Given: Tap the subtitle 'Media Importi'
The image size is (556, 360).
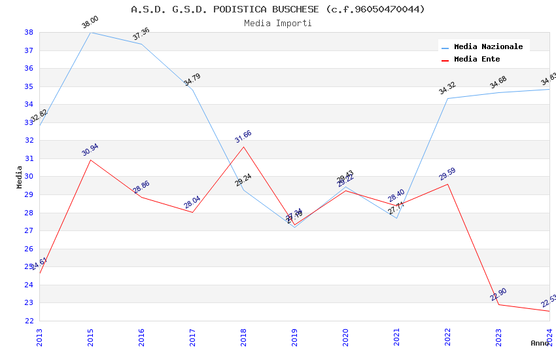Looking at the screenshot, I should pyautogui.click(x=278, y=23).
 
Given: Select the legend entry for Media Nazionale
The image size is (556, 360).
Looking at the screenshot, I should pyautogui.click(x=488, y=46).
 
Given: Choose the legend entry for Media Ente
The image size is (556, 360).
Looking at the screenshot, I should pyautogui.click(x=477, y=59).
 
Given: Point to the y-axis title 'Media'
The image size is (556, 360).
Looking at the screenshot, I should pyautogui.click(x=20, y=177).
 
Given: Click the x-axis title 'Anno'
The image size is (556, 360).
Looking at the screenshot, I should pyautogui.click(x=540, y=343).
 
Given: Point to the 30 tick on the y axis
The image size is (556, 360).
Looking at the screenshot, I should pyautogui.click(x=29, y=177).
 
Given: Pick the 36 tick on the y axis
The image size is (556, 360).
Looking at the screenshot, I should pyautogui.click(x=29, y=68).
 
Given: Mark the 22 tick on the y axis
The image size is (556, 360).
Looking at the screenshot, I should pyautogui.click(x=29, y=321).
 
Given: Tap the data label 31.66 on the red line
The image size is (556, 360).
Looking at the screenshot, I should pyautogui.click(x=243, y=137).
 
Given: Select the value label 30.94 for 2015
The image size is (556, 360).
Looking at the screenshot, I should pyautogui.click(x=90, y=150).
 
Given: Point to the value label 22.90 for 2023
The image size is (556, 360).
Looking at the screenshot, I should pyautogui.click(x=498, y=295).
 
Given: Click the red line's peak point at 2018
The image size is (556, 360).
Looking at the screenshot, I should pyautogui.click(x=244, y=147).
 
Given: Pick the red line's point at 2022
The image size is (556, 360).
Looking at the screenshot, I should pyautogui.click(x=447, y=184).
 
